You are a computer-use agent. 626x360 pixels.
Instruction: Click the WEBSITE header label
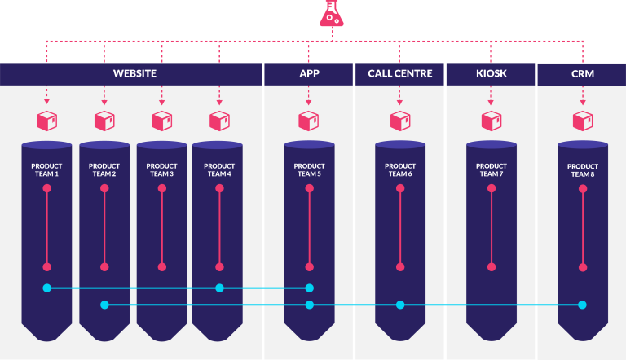pyautogui.click(x=134, y=74)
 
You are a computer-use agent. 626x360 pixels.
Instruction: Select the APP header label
pyautogui.click(x=309, y=74)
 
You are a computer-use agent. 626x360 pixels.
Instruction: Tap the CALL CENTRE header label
pyautogui.click(x=399, y=74)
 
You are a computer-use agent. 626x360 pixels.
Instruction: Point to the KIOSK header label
pyautogui.click(x=491, y=74)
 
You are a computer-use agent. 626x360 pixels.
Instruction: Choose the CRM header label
pyautogui.click(x=582, y=74)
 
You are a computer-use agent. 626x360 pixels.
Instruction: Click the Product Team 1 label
pyautogui.click(x=46, y=169)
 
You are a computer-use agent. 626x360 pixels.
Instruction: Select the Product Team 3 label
pyautogui.click(x=161, y=169)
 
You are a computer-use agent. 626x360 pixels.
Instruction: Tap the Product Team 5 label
pyautogui.click(x=309, y=169)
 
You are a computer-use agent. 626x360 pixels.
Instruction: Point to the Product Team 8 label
pyautogui.click(x=582, y=169)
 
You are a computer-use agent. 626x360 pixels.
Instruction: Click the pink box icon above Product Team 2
pyautogui.click(x=104, y=121)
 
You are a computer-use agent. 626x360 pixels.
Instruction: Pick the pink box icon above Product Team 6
pyautogui.click(x=399, y=121)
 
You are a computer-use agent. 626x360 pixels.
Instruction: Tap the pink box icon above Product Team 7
pyautogui.click(x=491, y=121)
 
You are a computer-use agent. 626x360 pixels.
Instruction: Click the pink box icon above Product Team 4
pyautogui.click(x=219, y=121)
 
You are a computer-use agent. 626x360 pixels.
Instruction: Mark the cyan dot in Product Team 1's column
pyautogui.click(x=46, y=288)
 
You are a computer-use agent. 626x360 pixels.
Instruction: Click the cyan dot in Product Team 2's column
pyautogui.click(x=104, y=305)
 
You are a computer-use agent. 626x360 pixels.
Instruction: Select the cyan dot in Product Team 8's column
pyautogui.click(x=582, y=305)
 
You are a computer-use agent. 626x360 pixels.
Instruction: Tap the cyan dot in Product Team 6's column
pyautogui.click(x=399, y=305)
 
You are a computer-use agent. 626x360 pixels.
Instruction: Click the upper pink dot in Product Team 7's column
pyautogui.click(x=491, y=188)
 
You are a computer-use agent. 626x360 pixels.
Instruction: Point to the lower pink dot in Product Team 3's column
pyautogui.click(x=161, y=266)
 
